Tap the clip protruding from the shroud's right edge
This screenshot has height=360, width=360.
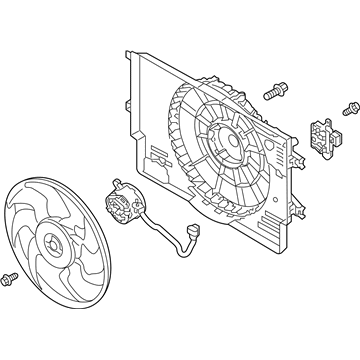[x=298, y=156]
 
